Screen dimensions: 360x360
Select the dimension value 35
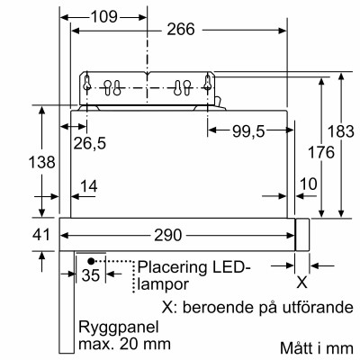pyautogui.click(x=90, y=275)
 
